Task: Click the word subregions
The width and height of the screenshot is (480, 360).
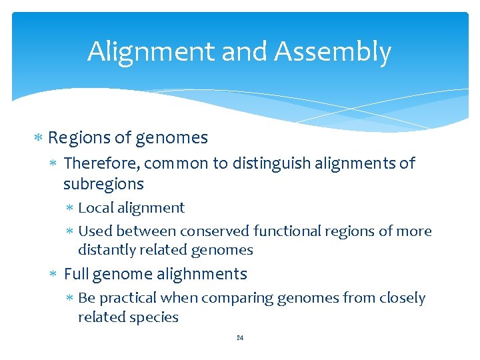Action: click(x=103, y=183)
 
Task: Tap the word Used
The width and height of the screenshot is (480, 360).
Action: click(x=95, y=231)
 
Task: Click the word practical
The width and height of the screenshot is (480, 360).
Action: click(x=130, y=298)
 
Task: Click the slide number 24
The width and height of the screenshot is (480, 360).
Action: click(x=240, y=338)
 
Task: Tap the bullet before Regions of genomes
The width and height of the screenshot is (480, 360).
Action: click(x=39, y=138)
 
